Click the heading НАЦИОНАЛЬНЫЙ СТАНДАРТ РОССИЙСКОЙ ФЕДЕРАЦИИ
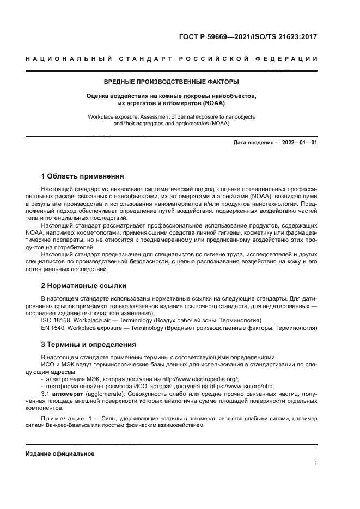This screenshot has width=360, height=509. click(x=172, y=59)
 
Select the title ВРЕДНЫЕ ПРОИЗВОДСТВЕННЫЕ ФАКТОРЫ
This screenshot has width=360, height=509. click(x=172, y=82)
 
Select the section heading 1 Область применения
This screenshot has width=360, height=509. click(x=83, y=176)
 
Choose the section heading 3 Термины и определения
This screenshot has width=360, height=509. click(x=89, y=345)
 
